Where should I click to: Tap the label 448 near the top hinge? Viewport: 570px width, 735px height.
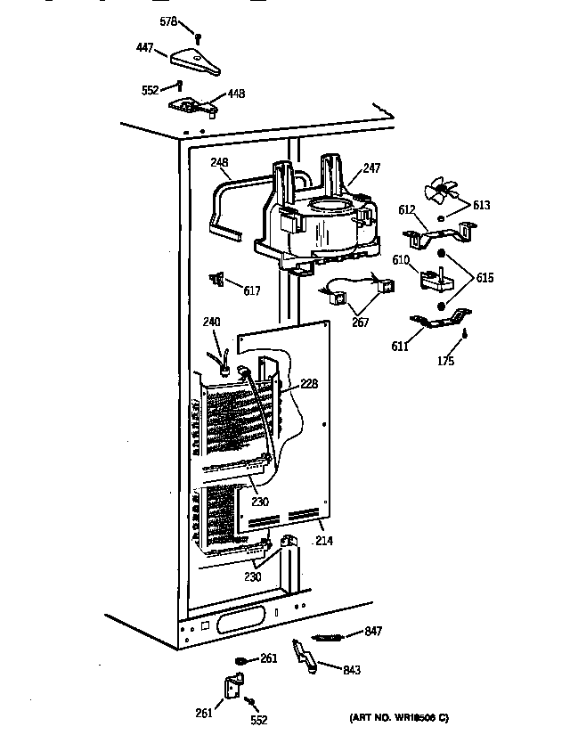[236, 94]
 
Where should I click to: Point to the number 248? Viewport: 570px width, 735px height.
[220, 162]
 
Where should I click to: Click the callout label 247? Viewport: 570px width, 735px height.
[371, 167]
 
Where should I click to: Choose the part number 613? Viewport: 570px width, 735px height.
[481, 205]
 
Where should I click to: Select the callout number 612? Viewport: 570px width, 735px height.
[405, 210]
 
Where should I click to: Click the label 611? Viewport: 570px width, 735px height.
[401, 346]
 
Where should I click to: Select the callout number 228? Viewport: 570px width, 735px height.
[309, 384]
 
